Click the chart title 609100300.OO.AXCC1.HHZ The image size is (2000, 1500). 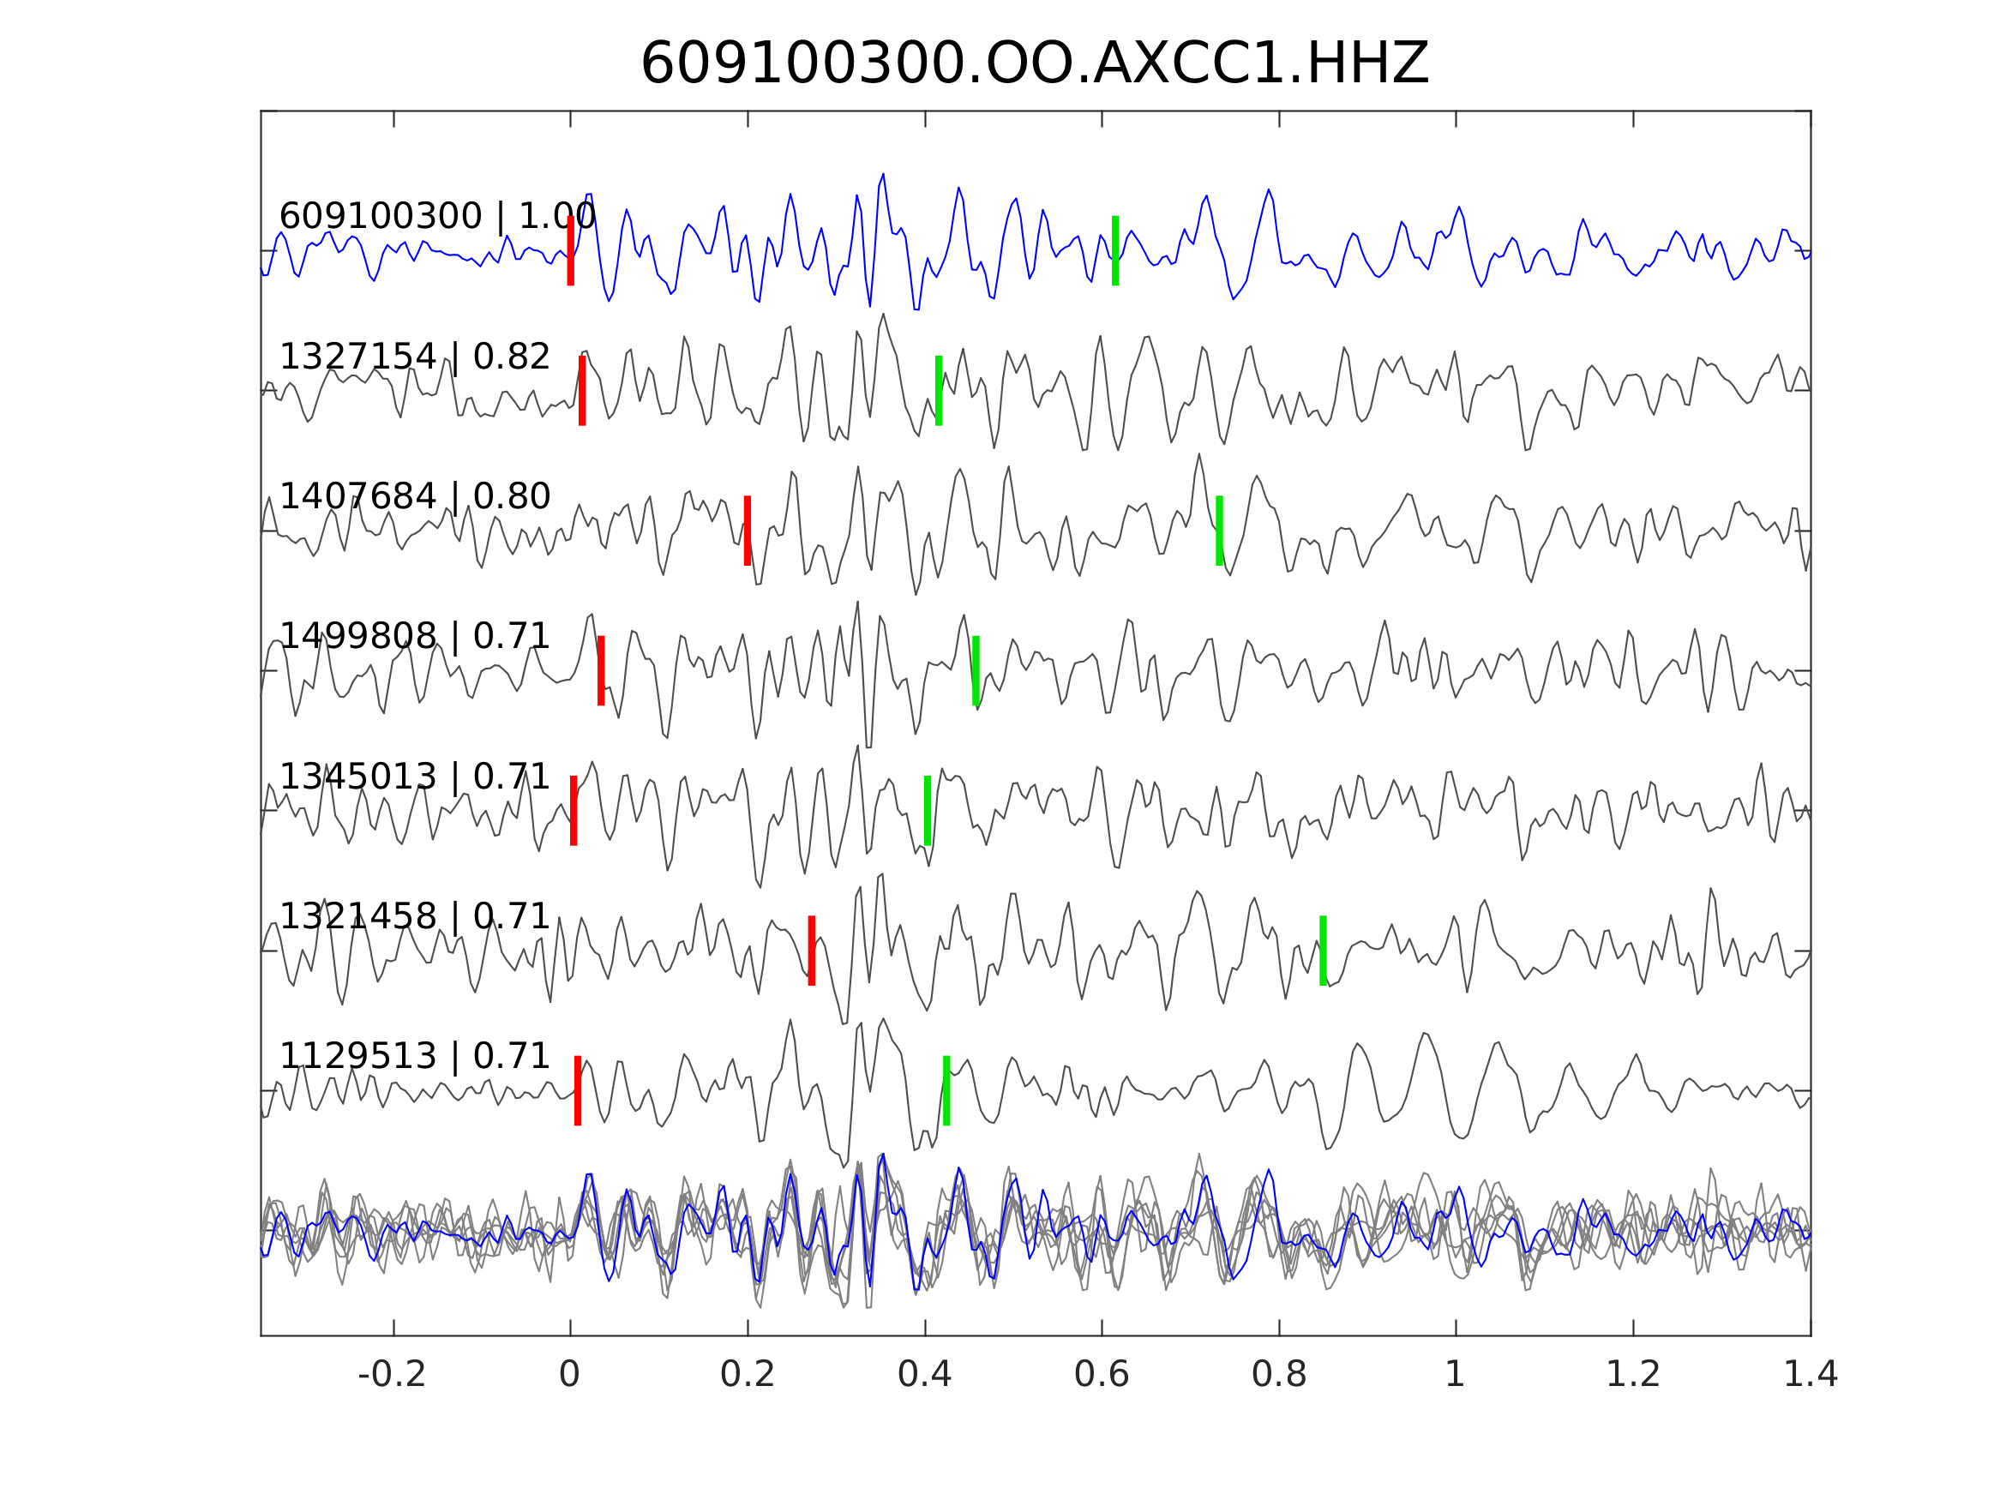click(1034, 65)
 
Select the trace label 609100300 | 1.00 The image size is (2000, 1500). click(436, 217)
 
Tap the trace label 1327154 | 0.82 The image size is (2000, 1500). click(414, 358)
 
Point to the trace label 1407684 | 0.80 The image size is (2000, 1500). click(414, 497)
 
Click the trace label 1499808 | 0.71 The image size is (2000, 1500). click(414, 638)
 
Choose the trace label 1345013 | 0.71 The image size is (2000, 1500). click(414, 777)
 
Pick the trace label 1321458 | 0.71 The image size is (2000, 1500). click(414, 918)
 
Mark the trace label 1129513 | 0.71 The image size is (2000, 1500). click(414, 1057)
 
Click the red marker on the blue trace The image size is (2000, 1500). click(571, 251)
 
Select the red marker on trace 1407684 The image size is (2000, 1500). click(748, 531)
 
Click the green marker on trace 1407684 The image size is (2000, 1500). click(1219, 531)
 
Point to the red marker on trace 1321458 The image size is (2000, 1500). click(812, 951)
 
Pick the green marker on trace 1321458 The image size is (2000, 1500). click(1323, 951)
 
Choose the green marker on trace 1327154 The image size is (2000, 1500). click(939, 391)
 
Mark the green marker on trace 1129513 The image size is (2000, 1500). click(946, 1091)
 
